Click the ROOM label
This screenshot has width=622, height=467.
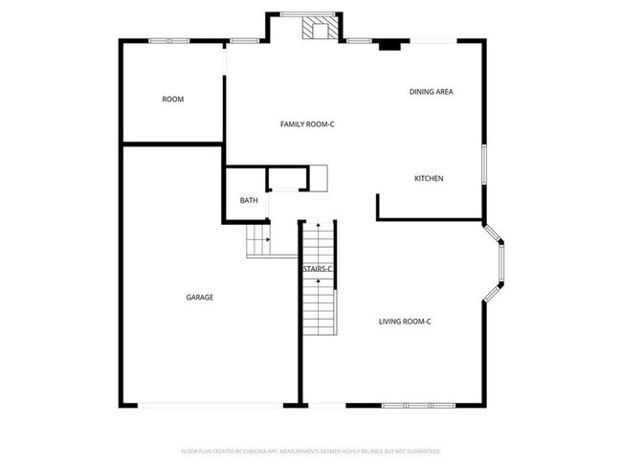(x=172, y=100)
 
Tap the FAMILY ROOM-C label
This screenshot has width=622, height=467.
(x=306, y=124)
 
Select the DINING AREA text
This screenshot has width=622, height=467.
(x=431, y=92)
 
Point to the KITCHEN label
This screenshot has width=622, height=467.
(x=428, y=179)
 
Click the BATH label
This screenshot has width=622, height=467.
(x=249, y=201)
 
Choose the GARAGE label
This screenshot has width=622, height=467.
(x=199, y=298)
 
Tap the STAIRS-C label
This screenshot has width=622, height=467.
(x=318, y=269)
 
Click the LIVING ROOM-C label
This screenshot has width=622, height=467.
(x=405, y=321)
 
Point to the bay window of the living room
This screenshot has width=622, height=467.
(x=500, y=262)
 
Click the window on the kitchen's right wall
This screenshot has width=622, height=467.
(x=485, y=168)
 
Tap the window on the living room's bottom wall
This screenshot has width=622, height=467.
(x=417, y=406)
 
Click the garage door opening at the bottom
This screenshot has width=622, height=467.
(x=211, y=406)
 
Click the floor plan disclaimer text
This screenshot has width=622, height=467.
(x=310, y=450)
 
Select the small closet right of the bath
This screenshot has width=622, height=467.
(x=287, y=179)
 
